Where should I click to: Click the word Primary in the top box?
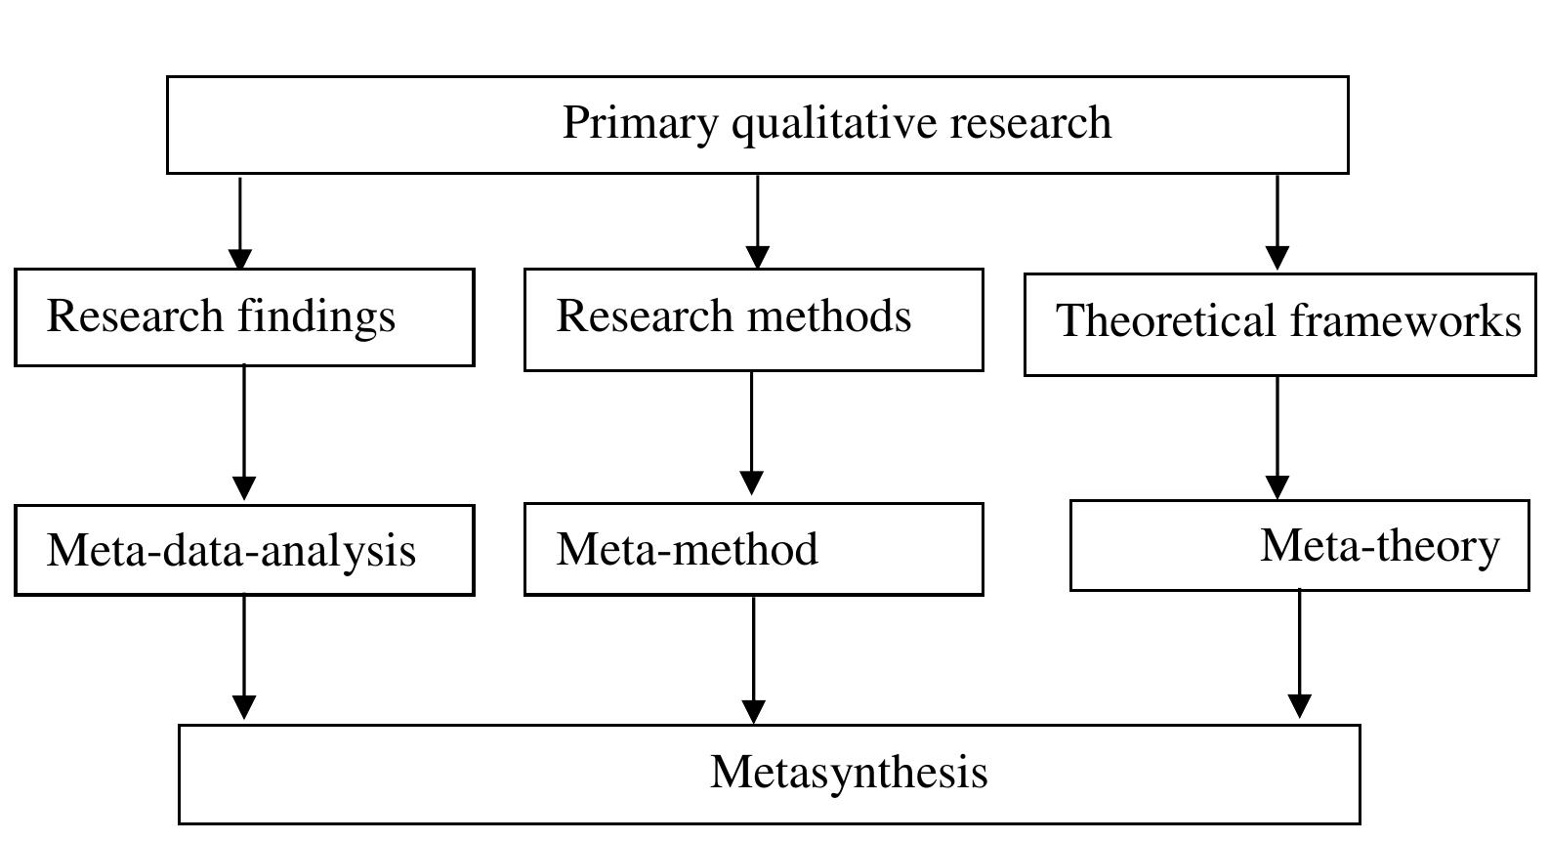pyautogui.click(x=639, y=124)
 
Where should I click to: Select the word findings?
pyautogui.click(x=315, y=316)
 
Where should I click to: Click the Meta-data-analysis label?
pyautogui.click(x=231, y=550)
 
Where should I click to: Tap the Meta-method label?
pyautogui.click(x=687, y=549)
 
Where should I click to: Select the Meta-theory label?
pyautogui.click(x=1379, y=545)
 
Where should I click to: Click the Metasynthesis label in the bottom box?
pyautogui.click(x=849, y=772)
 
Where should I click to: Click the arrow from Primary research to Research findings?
pyautogui.click(x=240, y=223)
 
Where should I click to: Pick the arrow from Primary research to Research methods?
pyautogui.click(x=757, y=223)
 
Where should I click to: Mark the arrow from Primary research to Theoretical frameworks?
pyautogui.click(x=1277, y=224)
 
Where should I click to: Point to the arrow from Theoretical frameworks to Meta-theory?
pyautogui.click(x=1277, y=438)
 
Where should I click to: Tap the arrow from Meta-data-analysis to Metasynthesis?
pyautogui.click(x=244, y=658)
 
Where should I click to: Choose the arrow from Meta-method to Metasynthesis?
pyautogui.click(x=753, y=660)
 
